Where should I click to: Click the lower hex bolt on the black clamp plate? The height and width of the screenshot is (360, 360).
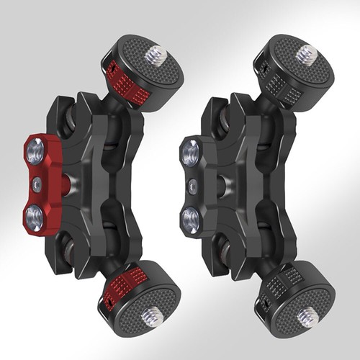191,217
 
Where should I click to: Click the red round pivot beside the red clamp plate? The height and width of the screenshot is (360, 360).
66,183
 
